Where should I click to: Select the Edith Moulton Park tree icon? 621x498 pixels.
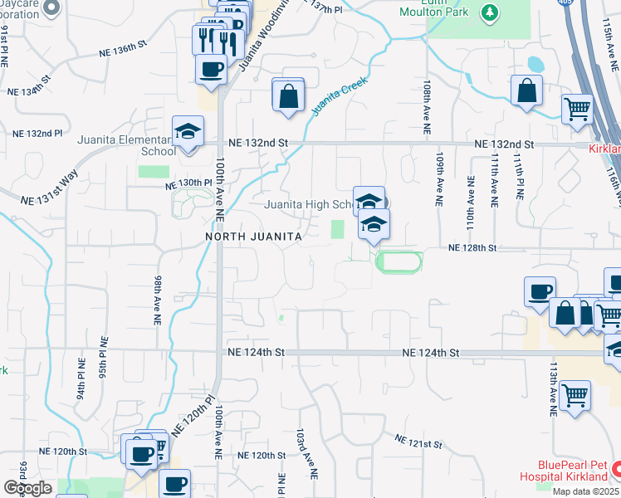491,12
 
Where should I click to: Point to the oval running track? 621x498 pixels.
399,262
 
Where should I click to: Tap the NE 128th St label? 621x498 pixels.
472,247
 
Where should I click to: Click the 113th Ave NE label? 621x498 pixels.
552,388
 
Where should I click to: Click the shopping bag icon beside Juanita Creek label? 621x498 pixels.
287,95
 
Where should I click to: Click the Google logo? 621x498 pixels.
28,488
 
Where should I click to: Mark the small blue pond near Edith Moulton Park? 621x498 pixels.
536,64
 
